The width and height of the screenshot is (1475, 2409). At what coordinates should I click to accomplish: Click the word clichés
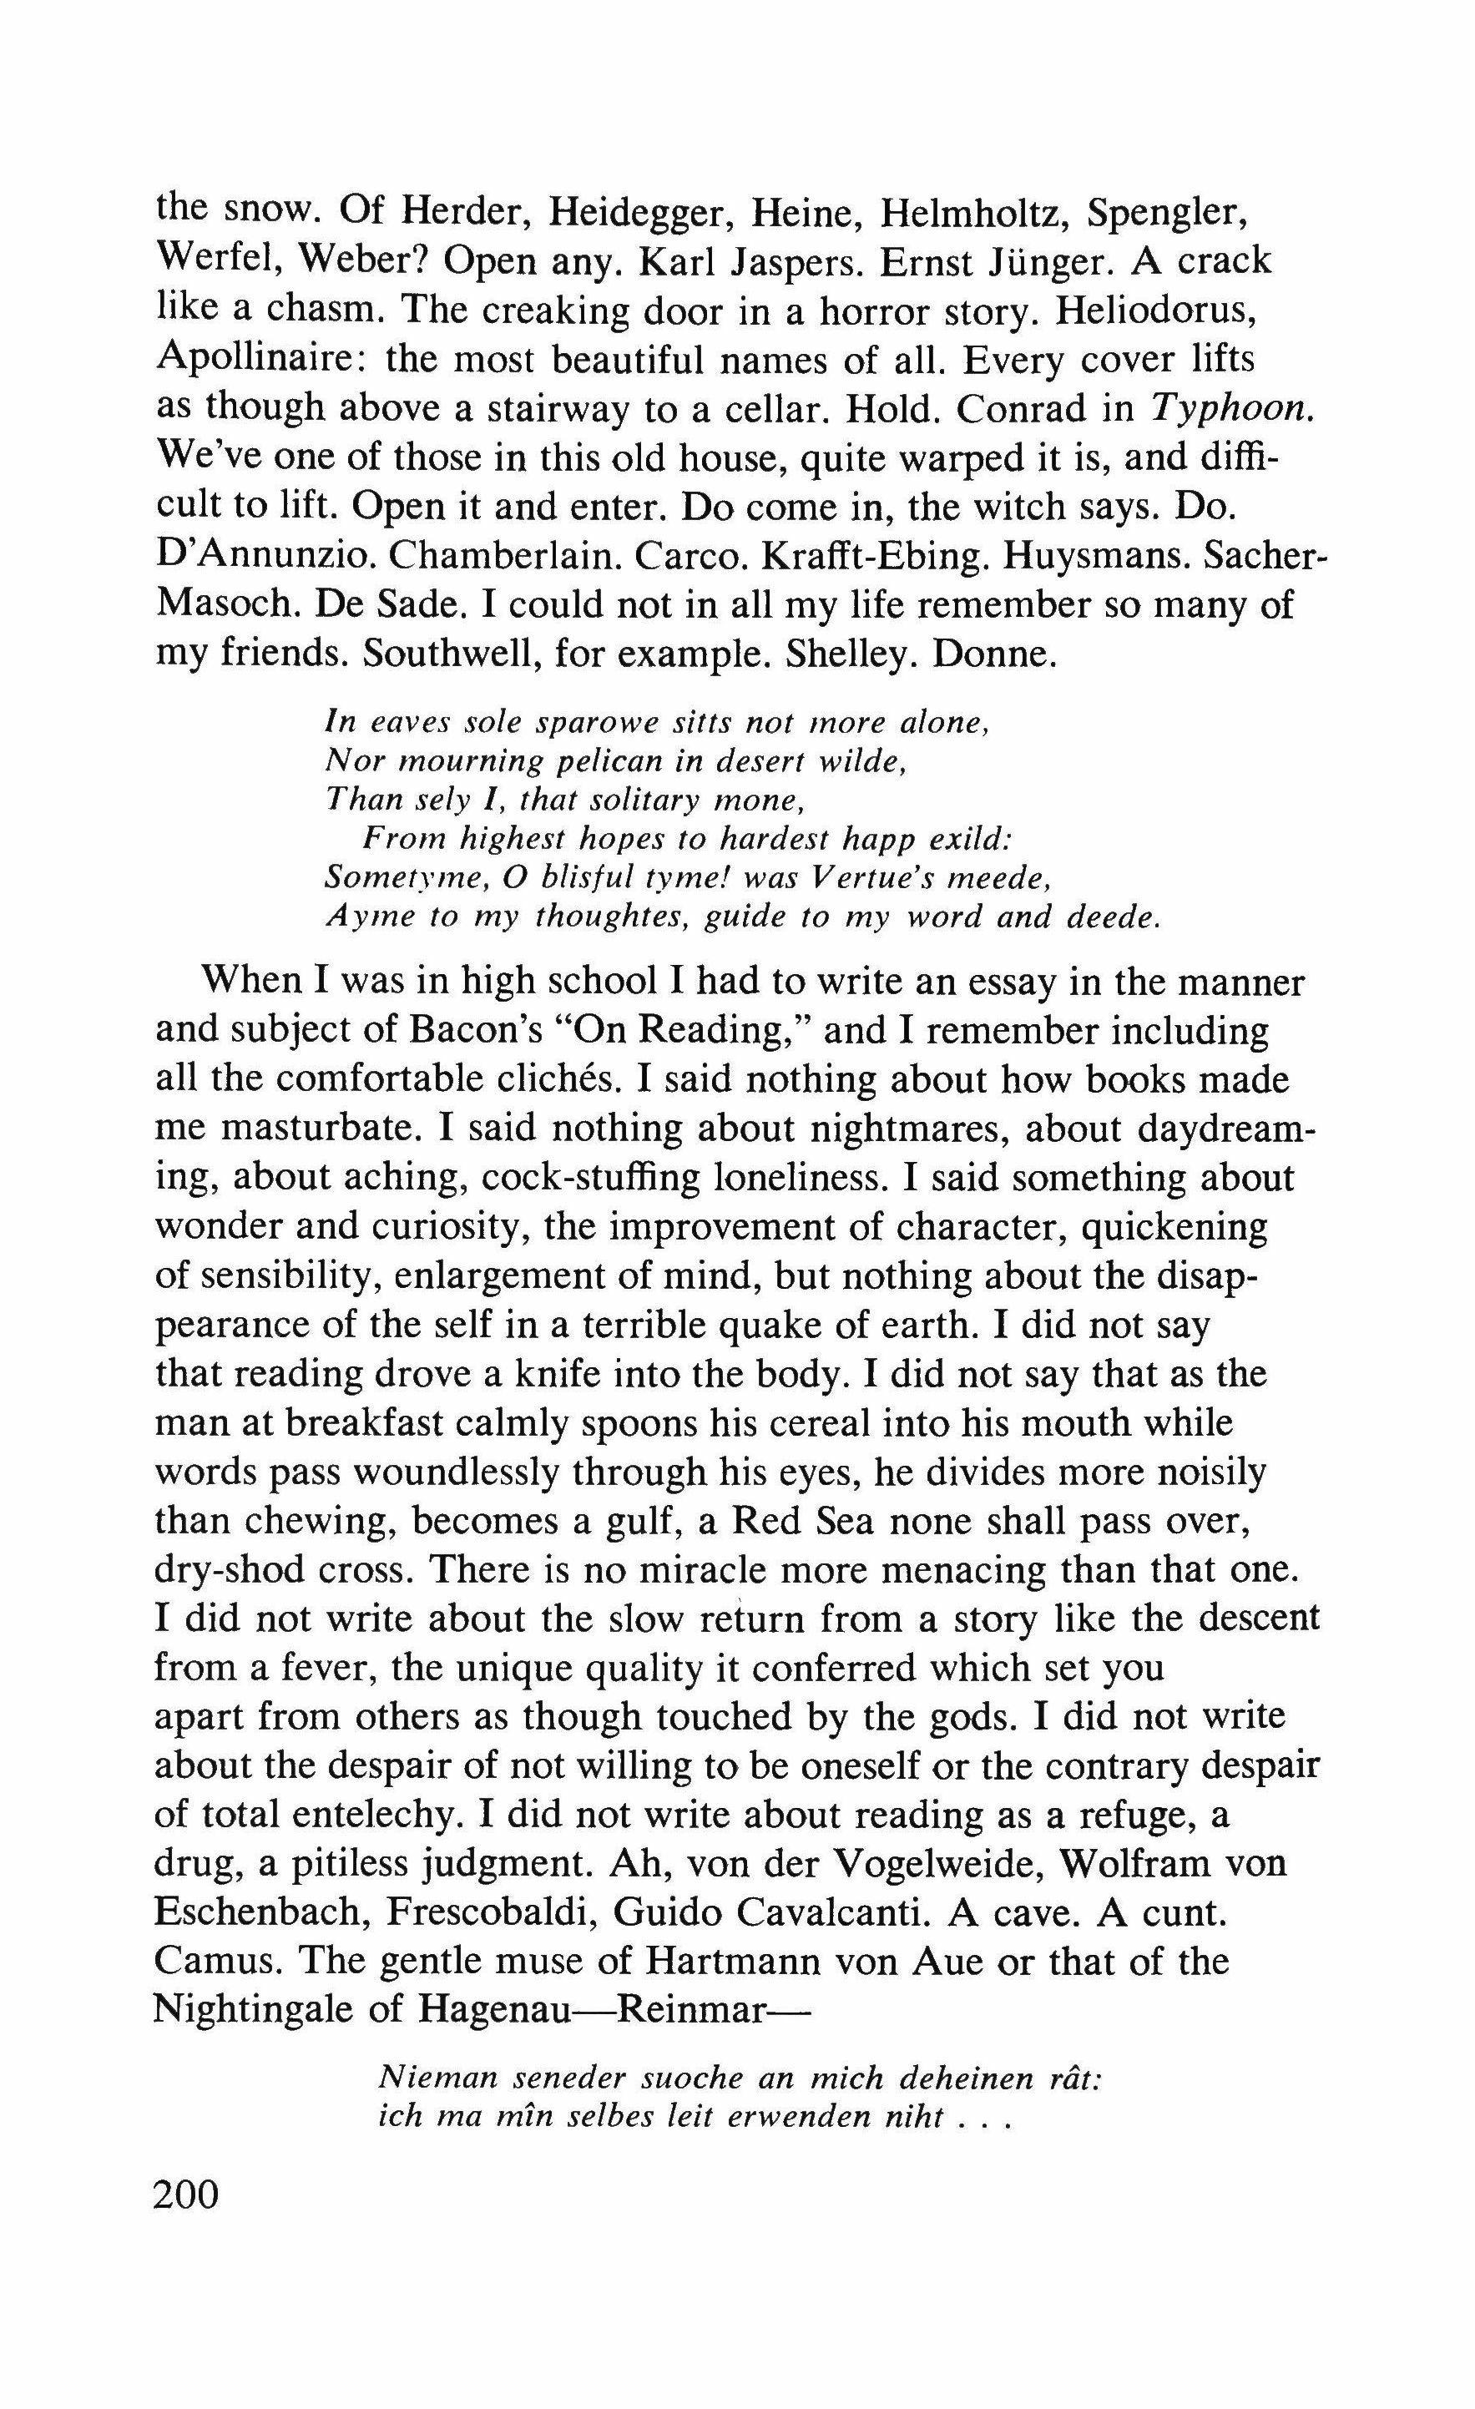click(x=548, y=1079)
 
